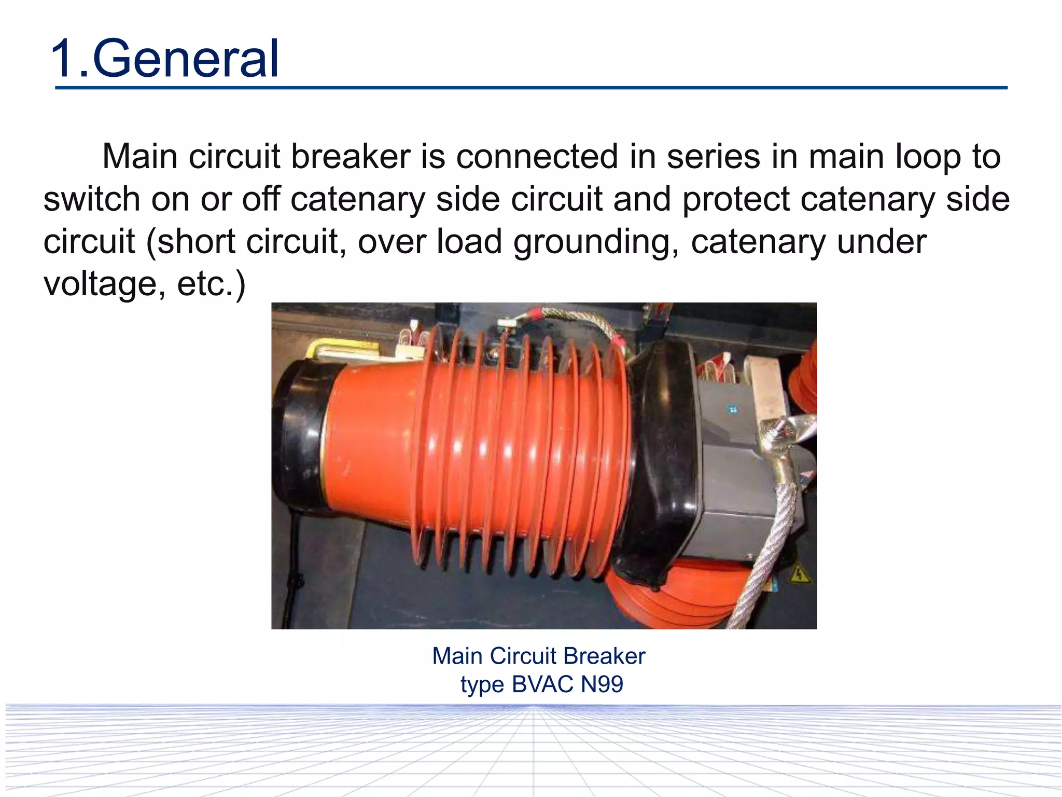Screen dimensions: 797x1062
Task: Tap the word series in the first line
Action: click(x=713, y=156)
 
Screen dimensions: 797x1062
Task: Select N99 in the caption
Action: click(x=602, y=684)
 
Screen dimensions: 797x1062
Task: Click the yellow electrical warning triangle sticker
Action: click(x=799, y=574)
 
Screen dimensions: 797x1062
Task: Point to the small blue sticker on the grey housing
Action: click(x=732, y=410)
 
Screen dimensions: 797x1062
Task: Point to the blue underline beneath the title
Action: click(x=531, y=88)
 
